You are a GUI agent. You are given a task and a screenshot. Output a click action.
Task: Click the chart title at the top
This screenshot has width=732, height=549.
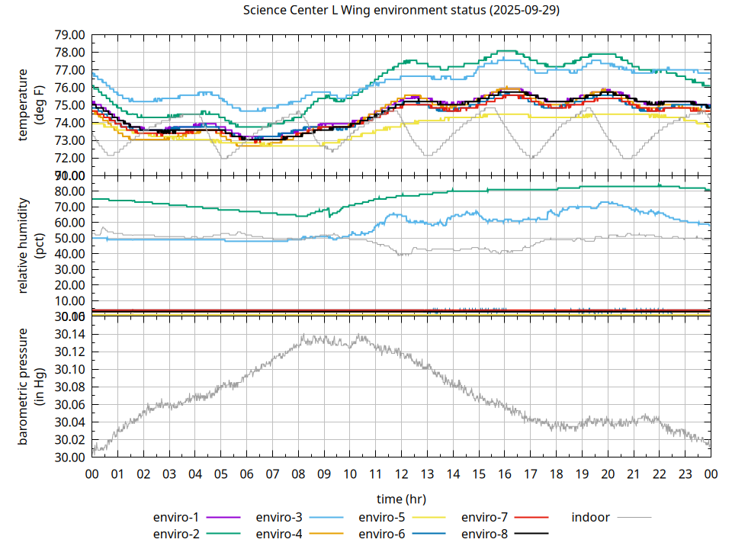pyautogui.click(x=400, y=11)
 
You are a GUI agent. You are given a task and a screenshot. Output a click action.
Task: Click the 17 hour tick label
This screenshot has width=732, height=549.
pyautogui.click(x=530, y=474)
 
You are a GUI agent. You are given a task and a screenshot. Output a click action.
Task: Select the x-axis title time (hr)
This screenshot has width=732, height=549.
pyautogui.click(x=401, y=499)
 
